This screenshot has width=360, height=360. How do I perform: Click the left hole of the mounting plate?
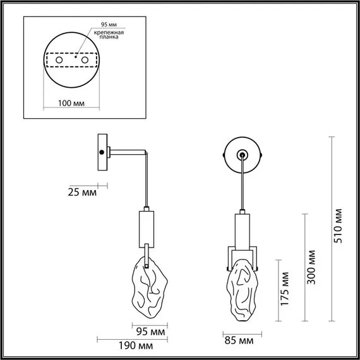coord(60,60)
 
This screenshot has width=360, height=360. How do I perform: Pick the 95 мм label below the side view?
coord(151,331)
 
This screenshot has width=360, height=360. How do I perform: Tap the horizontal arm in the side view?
coord(129,151)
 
